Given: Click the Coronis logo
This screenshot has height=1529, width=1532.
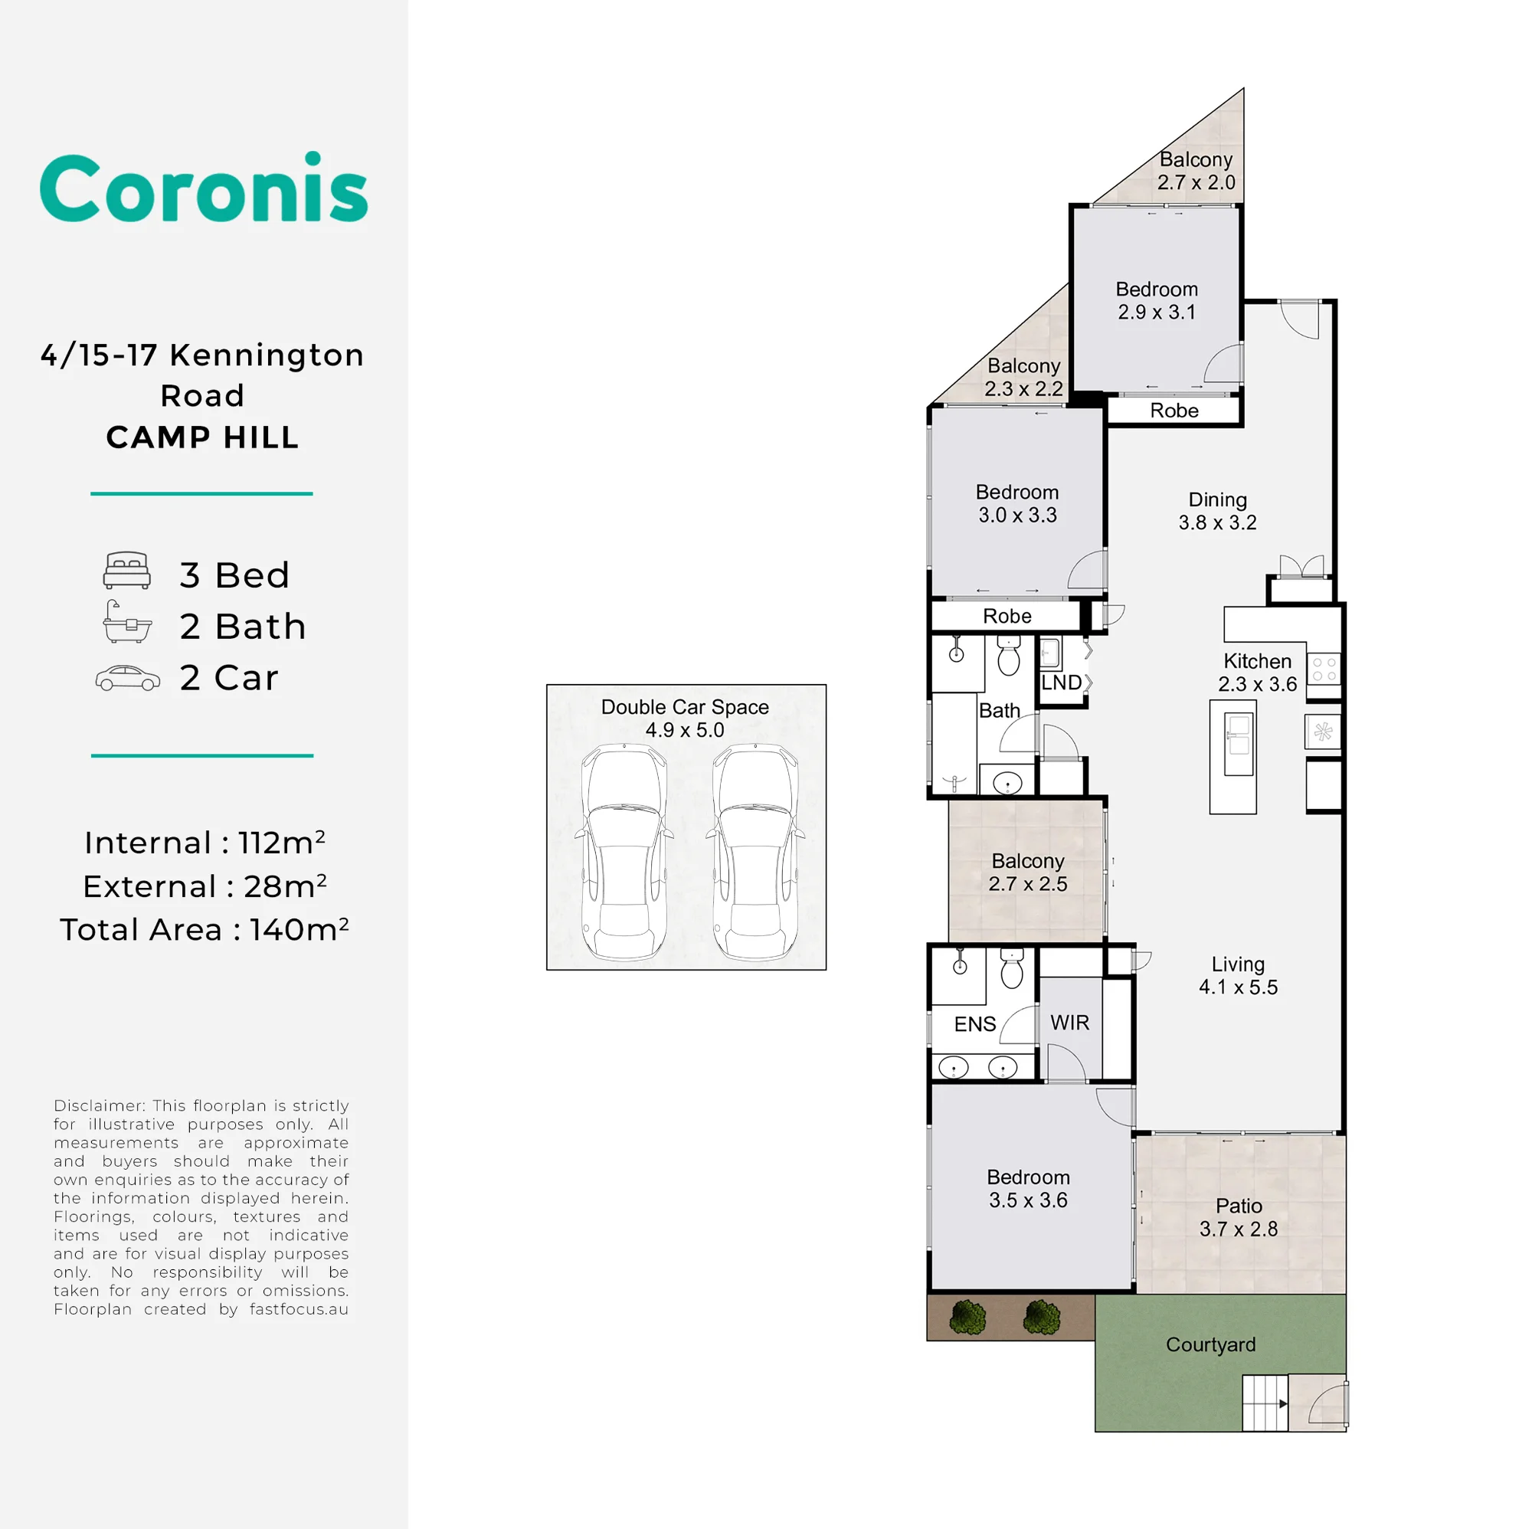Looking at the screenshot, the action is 204,187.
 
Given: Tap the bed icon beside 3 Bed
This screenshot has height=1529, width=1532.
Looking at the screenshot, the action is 127,570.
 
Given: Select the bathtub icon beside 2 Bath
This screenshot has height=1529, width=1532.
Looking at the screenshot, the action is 127,621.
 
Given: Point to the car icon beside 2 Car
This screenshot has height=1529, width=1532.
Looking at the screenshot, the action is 128,678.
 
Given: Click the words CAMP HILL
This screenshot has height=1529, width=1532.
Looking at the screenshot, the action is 203,437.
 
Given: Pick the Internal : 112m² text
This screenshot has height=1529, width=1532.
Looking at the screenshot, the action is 205,842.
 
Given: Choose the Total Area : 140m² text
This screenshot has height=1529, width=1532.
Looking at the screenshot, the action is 205,929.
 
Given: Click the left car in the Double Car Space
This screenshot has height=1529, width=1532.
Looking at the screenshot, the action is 624,853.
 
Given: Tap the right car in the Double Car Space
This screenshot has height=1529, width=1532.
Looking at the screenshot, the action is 755,853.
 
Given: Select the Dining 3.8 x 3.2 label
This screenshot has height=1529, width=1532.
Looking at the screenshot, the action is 1217,512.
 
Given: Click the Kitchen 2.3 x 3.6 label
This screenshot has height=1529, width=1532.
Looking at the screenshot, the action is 1257,673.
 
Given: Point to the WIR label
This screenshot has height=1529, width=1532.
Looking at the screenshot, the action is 1069,1022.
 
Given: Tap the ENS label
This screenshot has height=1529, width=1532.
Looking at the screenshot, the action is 974,1024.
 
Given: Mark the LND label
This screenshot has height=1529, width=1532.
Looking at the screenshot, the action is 1061,683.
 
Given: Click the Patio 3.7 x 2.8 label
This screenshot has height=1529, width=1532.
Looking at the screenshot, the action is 1239,1217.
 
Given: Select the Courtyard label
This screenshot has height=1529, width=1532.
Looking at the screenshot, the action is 1211,1344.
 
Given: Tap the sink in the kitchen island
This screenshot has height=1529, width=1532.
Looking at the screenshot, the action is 1238,743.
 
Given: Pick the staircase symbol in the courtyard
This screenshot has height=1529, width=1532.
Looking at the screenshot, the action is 1265,1403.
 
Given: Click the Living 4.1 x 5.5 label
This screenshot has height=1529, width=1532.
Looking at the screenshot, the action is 1238,975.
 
